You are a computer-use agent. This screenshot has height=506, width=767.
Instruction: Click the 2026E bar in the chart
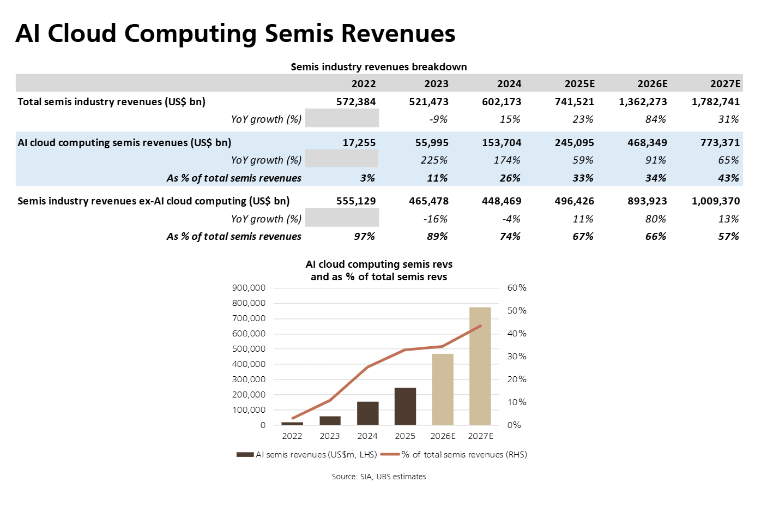[442, 389]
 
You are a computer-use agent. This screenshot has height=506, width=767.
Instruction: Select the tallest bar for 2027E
[480, 366]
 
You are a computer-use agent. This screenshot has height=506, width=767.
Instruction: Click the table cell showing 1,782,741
[715, 102]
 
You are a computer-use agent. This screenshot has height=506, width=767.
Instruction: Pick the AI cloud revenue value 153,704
[502, 143]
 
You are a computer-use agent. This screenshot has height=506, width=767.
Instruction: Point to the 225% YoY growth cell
[434, 160]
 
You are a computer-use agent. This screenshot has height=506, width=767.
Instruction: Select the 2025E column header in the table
[579, 84]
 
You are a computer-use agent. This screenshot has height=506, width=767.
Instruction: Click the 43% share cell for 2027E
[728, 178]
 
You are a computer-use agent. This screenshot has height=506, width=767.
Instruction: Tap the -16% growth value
[435, 219]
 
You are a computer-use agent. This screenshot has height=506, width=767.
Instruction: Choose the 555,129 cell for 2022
[356, 201]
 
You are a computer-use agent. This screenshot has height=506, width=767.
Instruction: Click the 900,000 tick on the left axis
[249, 288]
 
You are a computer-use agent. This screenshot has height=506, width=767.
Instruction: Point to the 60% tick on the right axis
[517, 288]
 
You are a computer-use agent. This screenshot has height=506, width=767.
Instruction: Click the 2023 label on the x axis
[329, 436]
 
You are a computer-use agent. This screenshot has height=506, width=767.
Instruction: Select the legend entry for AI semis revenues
[306, 455]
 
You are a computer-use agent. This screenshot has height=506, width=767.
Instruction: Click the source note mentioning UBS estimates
[379, 477]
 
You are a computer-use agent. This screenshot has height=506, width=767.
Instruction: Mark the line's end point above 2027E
[480, 326]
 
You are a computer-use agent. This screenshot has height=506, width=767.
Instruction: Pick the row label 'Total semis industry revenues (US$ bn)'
[111, 102]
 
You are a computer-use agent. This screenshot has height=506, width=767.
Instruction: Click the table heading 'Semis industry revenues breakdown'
[379, 67]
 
